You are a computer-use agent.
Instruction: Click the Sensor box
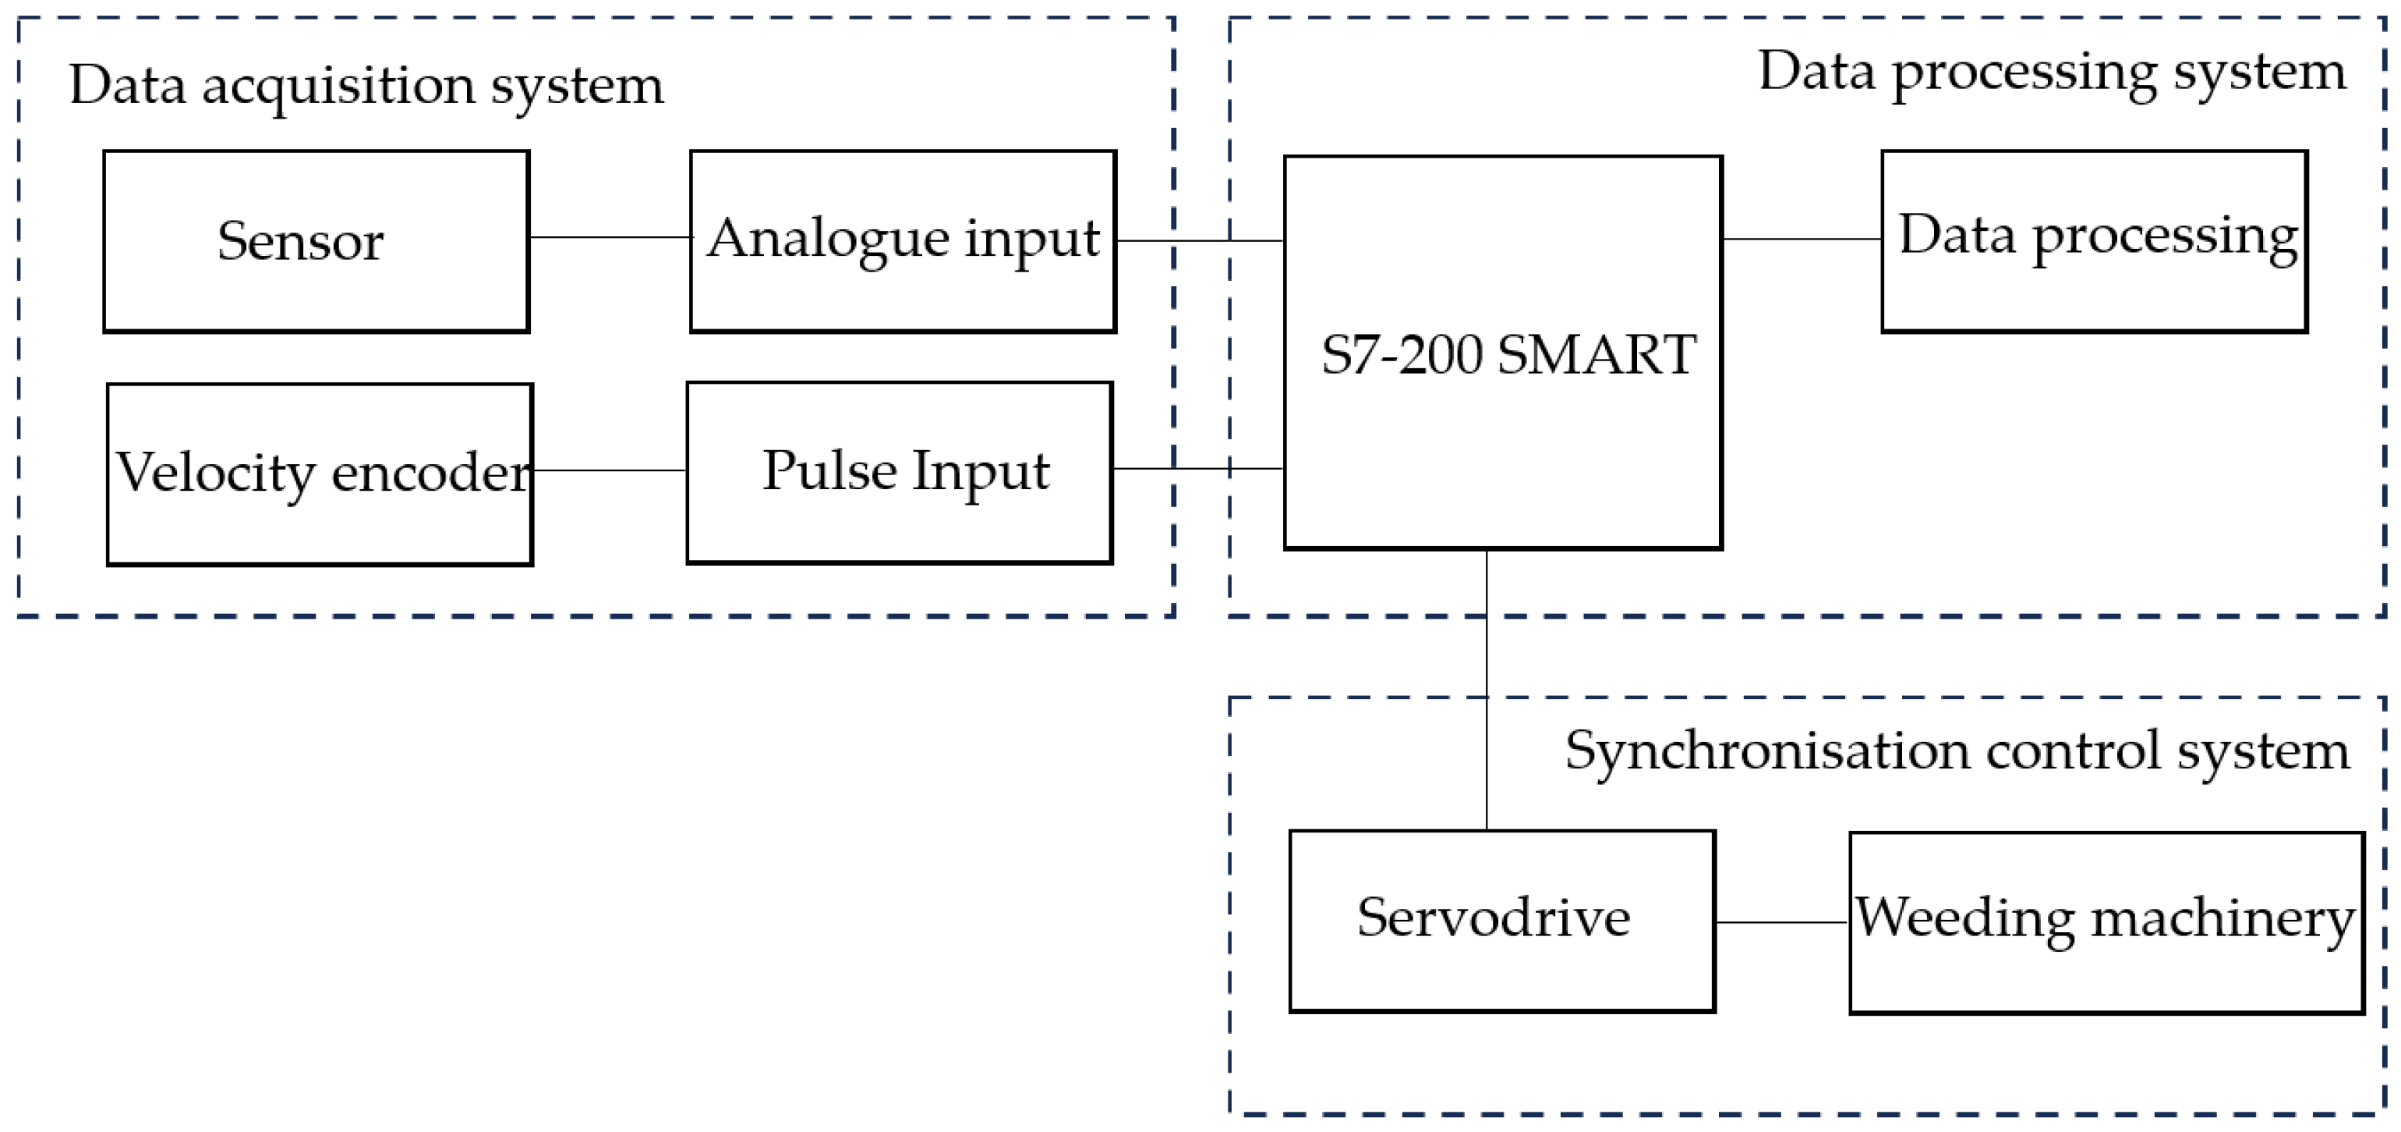(x=316, y=240)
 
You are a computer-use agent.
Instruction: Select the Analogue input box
(x=902, y=240)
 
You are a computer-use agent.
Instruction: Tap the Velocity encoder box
(x=320, y=474)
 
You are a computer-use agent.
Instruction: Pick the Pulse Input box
(x=900, y=472)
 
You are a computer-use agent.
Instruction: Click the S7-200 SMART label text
(x=1507, y=355)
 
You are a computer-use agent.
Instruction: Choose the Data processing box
(x=2093, y=240)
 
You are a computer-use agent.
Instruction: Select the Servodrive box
(x=1501, y=921)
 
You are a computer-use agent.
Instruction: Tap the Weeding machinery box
(x=2106, y=922)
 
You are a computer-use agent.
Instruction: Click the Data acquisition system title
(x=366, y=85)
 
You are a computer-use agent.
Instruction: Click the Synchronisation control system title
(x=1957, y=751)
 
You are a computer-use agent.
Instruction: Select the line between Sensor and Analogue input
(x=610, y=237)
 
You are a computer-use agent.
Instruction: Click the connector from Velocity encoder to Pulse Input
(x=610, y=470)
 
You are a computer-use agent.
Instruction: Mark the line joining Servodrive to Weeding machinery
(x=1781, y=922)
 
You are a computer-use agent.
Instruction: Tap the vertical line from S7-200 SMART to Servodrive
(x=1487, y=690)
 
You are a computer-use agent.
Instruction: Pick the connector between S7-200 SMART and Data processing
(x=1801, y=239)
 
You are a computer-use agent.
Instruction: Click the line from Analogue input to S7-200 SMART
(x=1200, y=240)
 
